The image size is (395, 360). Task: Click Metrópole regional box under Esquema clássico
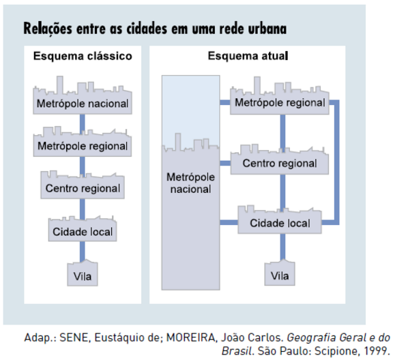pyautogui.click(x=83, y=143)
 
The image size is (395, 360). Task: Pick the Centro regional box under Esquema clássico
pyautogui.click(x=83, y=186)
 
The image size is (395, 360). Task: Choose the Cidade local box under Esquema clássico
pyautogui.click(x=83, y=230)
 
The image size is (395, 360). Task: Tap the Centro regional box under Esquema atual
pyautogui.click(x=280, y=161)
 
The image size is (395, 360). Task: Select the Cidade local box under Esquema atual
pyautogui.click(x=280, y=221)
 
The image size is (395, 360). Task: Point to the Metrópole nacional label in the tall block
pyautogui.click(x=191, y=183)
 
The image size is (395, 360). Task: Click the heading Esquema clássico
pyautogui.click(x=83, y=56)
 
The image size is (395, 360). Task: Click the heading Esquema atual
pyautogui.click(x=248, y=56)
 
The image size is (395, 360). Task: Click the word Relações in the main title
pyautogui.click(x=48, y=29)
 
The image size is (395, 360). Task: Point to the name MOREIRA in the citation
pyautogui.click(x=191, y=337)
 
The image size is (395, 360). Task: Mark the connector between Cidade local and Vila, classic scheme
pyautogui.click(x=83, y=251)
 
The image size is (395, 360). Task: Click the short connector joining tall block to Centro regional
pyautogui.click(x=225, y=164)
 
